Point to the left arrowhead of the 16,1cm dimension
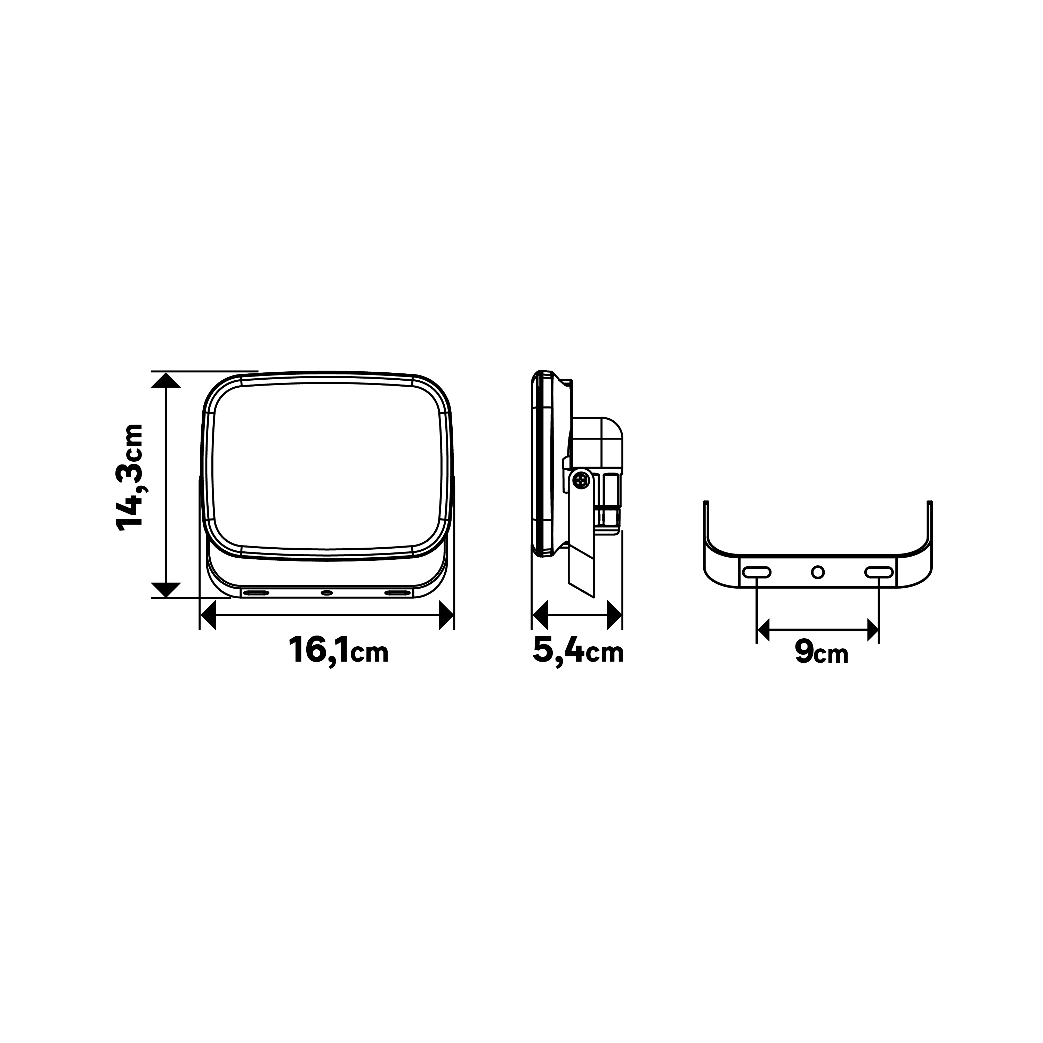(x=208, y=615)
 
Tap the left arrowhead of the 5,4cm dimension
(x=540, y=615)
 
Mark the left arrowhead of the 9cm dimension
(x=763, y=630)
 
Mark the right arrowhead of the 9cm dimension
(x=872, y=630)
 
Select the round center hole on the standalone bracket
(x=818, y=572)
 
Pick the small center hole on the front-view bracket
(x=326, y=593)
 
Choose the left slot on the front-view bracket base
(x=256, y=593)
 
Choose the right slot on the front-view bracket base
(x=397, y=593)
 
